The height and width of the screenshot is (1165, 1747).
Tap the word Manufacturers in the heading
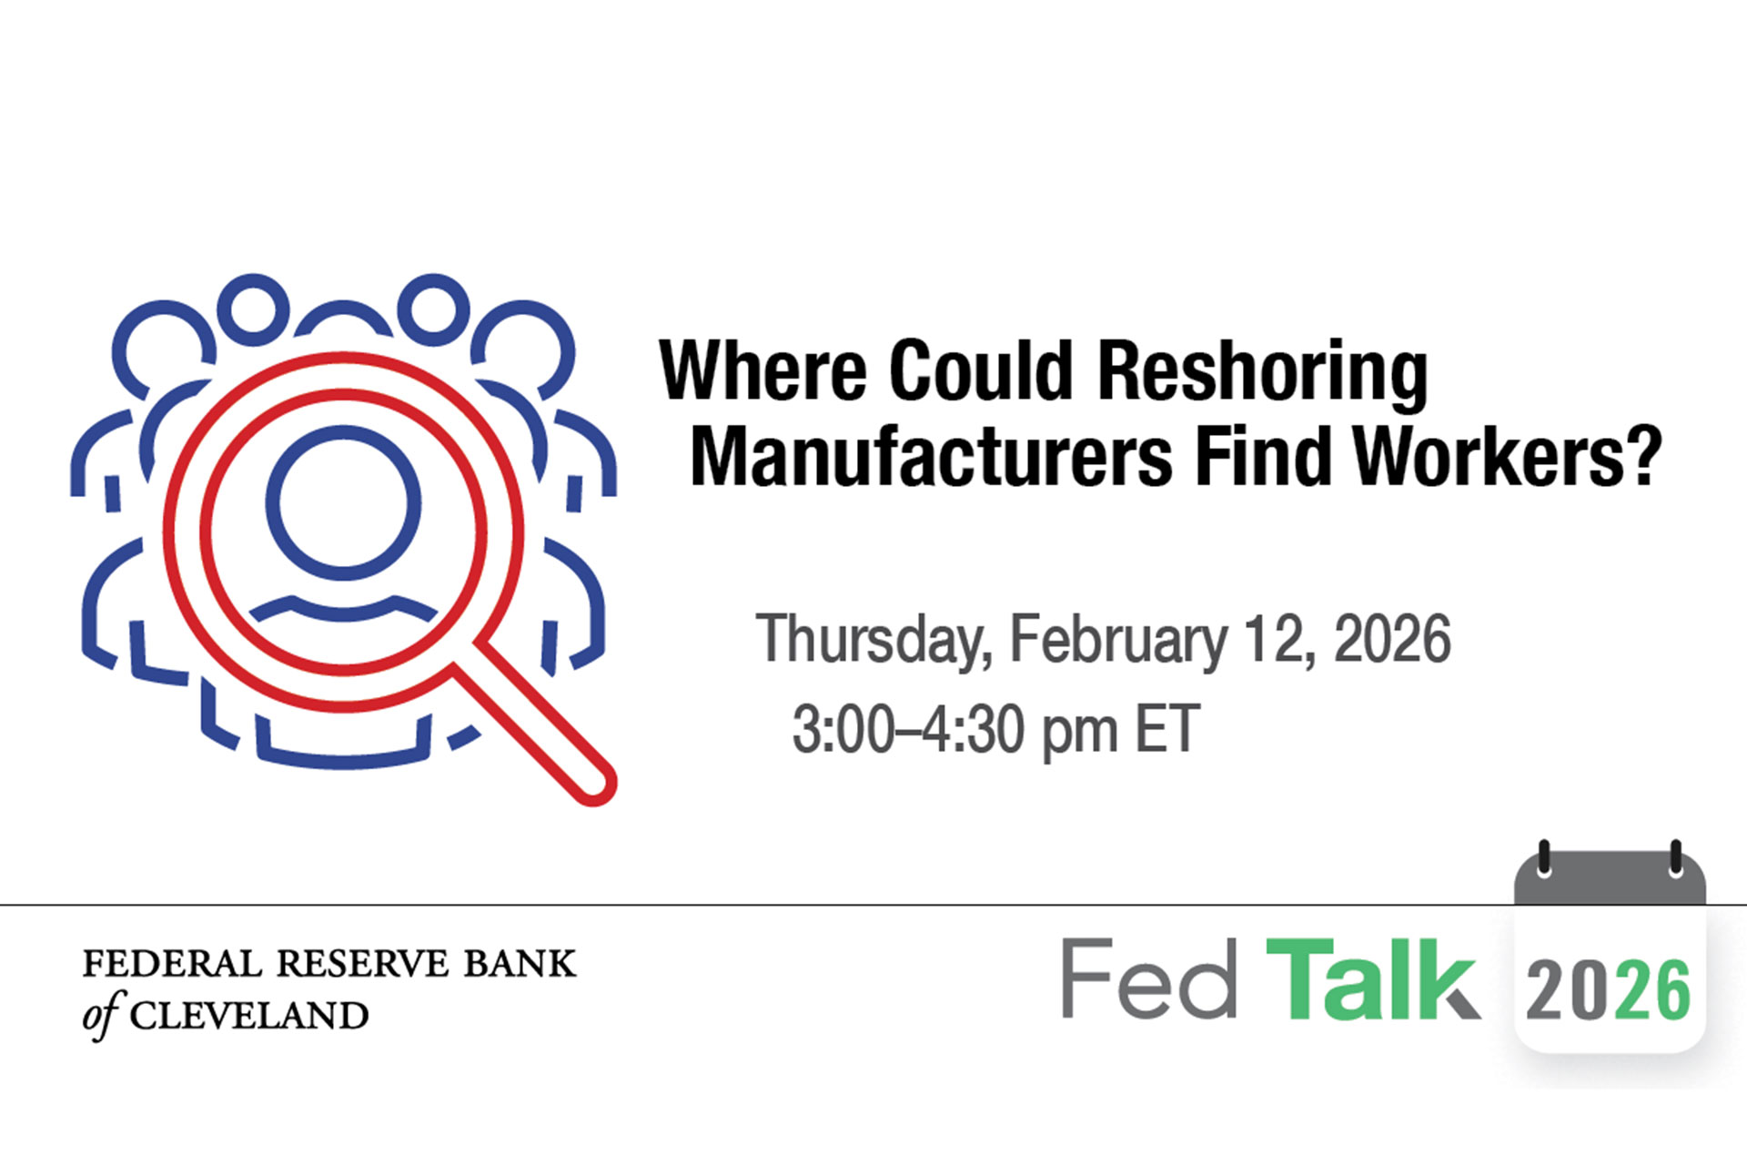coord(932,457)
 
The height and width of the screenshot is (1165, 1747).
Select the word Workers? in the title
coord(1508,457)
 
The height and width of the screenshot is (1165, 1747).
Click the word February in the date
coord(1118,641)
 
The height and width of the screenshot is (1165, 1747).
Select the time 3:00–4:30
coord(954,729)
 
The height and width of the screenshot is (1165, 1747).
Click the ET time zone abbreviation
coord(1167,729)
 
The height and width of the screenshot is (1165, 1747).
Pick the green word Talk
coord(1372,979)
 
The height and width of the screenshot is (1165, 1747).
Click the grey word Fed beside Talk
coord(1149,979)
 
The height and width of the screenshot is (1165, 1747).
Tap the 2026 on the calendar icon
coord(1609,990)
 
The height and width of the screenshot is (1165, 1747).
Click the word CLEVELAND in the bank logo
coord(248,1016)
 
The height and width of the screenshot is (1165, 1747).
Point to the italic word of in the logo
coord(100,1015)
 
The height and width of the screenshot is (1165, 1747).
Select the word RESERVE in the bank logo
coord(362,964)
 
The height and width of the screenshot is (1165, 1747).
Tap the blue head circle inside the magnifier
coord(343,502)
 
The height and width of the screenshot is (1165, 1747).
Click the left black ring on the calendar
coord(1543,859)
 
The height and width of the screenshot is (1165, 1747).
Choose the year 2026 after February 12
coord(1392,639)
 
